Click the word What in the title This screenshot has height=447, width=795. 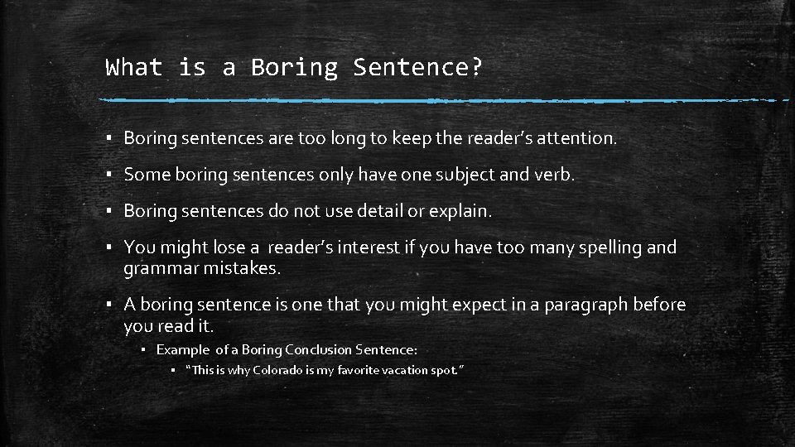[134, 67]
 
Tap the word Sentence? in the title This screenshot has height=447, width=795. [417, 67]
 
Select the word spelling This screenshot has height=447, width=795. [610, 248]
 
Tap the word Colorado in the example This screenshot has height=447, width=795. [278, 370]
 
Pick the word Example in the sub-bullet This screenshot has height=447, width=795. [183, 349]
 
